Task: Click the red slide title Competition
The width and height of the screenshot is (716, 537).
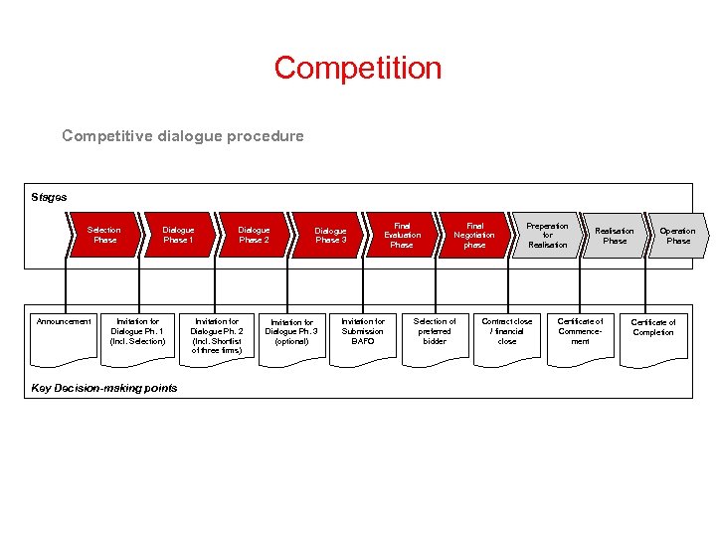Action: coord(358,68)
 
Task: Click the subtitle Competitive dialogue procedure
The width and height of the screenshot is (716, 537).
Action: coord(183,135)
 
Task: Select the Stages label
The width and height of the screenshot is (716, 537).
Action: coord(49,197)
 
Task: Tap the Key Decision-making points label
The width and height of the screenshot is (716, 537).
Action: coord(104,388)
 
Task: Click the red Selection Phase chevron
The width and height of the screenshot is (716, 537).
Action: coord(103,235)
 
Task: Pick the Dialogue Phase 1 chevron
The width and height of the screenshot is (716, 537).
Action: coord(178,235)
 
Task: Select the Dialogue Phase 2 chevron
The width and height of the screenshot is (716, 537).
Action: coord(254,235)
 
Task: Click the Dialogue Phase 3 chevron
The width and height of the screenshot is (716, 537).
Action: coord(330,235)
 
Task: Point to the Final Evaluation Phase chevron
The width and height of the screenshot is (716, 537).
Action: coord(402,235)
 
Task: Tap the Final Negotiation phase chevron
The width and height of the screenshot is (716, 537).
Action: coord(474,235)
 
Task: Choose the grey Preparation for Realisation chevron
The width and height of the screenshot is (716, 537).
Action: coord(547,235)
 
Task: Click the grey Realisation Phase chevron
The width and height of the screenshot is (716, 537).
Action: coord(614,235)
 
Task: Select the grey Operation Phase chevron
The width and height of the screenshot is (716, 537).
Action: coord(678,235)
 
